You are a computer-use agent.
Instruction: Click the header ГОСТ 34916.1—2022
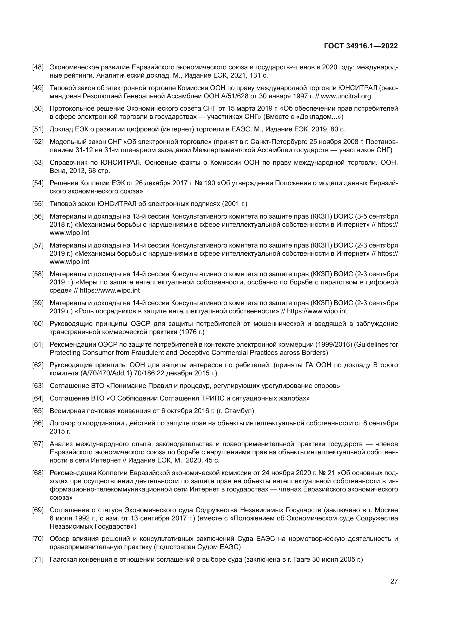click(361, 46)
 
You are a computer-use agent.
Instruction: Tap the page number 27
click(394, 581)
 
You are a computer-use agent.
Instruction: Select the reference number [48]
click(38, 67)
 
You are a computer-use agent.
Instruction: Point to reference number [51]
click(38, 129)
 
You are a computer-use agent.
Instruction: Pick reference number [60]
click(38, 324)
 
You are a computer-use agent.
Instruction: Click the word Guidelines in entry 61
click(372, 344)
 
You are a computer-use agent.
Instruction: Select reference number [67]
click(38, 444)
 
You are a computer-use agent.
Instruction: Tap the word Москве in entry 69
click(386, 510)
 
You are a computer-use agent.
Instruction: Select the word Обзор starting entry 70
click(58, 539)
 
